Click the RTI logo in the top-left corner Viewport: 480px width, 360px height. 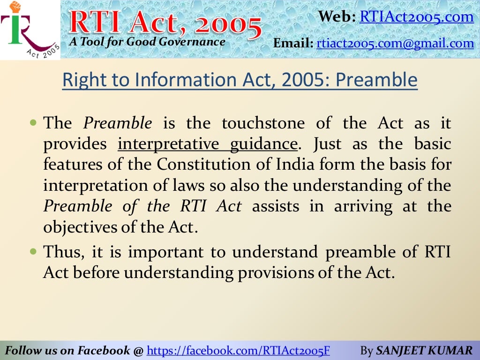click(30, 30)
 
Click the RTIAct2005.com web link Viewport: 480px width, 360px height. click(417, 17)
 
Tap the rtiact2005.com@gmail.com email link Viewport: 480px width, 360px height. click(395, 44)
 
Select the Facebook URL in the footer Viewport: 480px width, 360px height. click(239, 350)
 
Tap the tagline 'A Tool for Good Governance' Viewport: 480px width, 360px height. click(147, 42)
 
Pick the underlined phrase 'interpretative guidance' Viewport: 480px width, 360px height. click(208, 143)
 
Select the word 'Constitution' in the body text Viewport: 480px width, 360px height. click(198, 165)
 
